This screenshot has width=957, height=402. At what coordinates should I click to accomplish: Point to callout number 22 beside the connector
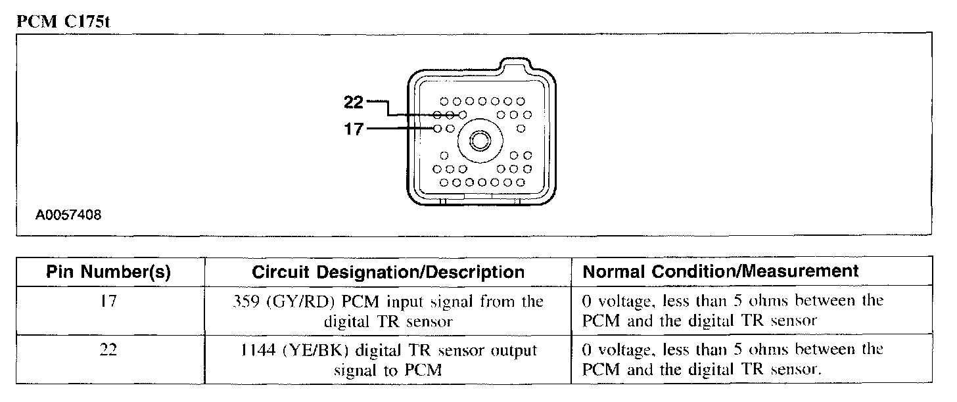click(x=354, y=102)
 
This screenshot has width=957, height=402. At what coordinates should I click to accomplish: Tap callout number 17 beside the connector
click(x=354, y=129)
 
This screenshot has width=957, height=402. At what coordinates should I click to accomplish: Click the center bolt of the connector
click(x=480, y=141)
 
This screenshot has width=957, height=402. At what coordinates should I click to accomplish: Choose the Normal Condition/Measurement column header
click(x=720, y=271)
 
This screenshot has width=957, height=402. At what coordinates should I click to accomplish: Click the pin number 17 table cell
click(x=108, y=304)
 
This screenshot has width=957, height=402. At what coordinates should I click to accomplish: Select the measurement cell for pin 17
click(x=733, y=311)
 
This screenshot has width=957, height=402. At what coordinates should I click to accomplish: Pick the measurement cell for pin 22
click(x=733, y=360)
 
